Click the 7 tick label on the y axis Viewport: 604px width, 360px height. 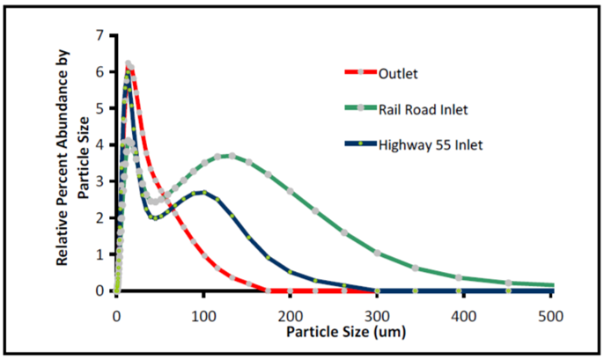pos(101,35)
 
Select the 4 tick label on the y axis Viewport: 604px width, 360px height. pos(101,144)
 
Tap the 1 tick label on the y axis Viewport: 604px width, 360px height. pos(101,253)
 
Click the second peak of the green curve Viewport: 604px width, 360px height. pos(229,155)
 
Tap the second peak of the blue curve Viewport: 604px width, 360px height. pos(203,192)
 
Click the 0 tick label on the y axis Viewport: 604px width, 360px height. pos(101,290)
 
